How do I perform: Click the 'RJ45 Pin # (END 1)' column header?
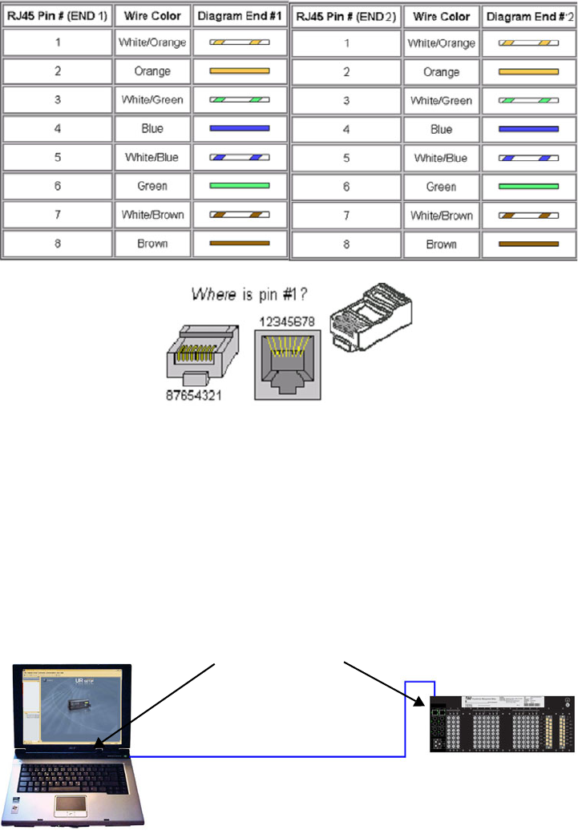tap(58, 16)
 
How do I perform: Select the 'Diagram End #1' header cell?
tap(239, 16)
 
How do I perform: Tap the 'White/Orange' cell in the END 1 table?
tap(152, 42)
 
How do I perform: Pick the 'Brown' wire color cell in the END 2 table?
tap(442, 244)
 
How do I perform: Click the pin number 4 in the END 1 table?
tap(58, 128)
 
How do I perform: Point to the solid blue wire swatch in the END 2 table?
tap(528, 129)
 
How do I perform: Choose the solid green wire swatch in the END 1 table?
tap(239, 186)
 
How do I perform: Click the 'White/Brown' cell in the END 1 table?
tap(152, 215)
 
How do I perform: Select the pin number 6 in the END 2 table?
tap(347, 187)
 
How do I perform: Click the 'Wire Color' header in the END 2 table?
tap(442, 16)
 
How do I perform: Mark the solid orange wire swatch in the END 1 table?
tap(239, 71)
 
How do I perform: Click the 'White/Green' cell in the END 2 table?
tap(442, 101)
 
